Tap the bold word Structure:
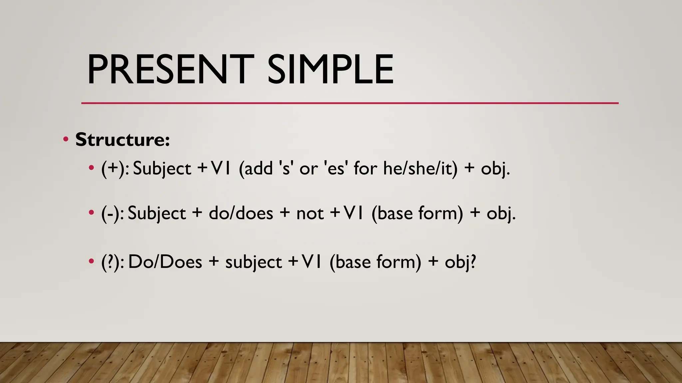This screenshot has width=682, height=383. [x=123, y=140]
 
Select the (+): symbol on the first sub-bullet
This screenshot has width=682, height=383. [x=115, y=169]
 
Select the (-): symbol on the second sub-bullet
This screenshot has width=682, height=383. [x=113, y=213]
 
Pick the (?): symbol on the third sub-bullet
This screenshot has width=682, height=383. [x=113, y=262]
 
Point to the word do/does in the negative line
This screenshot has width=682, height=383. [x=241, y=213]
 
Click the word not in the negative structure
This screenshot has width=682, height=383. [x=310, y=213]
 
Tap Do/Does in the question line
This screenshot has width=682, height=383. [x=165, y=262]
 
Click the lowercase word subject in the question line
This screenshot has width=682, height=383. [x=254, y=263]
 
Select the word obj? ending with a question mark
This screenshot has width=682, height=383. [x=461, y=263]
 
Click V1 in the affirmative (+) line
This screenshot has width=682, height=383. [x=221, y=169]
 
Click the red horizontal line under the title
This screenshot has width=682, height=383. [x=350, y=103]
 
